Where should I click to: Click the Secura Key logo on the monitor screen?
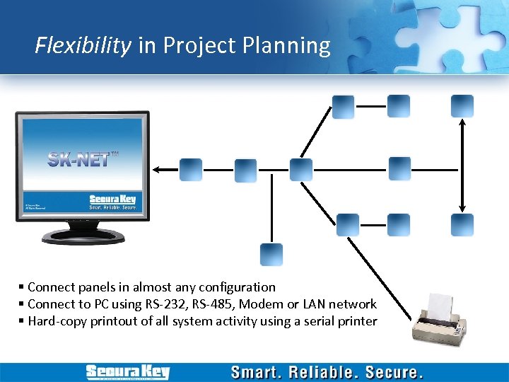coord(112,199)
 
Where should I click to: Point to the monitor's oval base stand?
coord(79,238)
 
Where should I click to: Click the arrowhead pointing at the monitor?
coord(158,170)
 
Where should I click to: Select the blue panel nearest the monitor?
coord(191,170)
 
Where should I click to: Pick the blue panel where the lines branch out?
coord(300,170)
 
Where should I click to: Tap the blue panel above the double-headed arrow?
coord(462,106)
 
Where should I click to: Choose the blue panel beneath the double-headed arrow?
coord(462,225)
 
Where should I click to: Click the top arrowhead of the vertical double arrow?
coord(462,122)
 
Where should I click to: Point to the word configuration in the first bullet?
coord(238,287)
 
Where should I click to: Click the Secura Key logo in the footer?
coord(127,372)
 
